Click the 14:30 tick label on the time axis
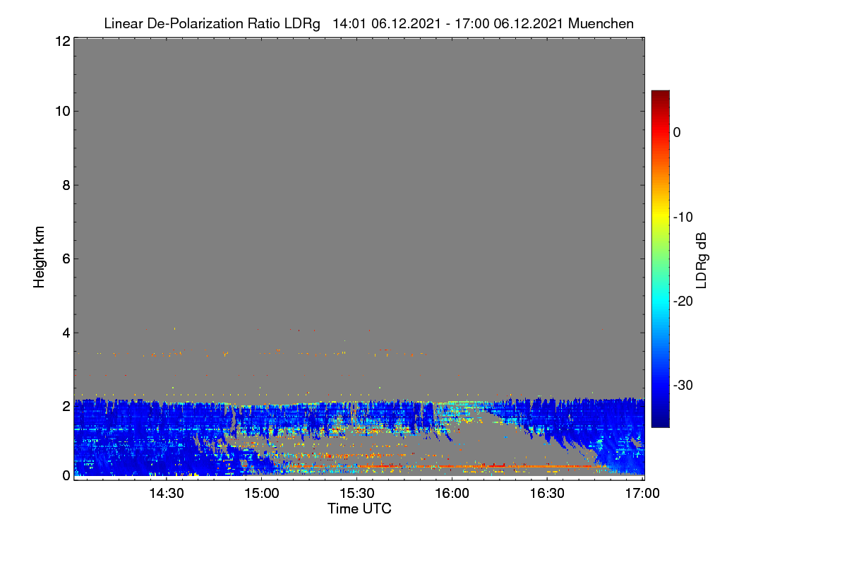167,494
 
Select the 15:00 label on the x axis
262,494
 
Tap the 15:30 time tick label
357,494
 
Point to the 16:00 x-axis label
452,494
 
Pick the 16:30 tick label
547,494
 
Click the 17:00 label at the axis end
642,494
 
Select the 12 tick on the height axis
63,41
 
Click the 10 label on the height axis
63,112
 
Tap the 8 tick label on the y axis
66,185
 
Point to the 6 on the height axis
66,259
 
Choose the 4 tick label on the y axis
66,333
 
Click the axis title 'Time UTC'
359,509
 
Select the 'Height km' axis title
39,257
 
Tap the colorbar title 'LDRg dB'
702,261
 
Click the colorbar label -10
683,218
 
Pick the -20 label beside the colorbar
683,302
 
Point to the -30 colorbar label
683,385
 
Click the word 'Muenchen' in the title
601,24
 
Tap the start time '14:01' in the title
349,24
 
